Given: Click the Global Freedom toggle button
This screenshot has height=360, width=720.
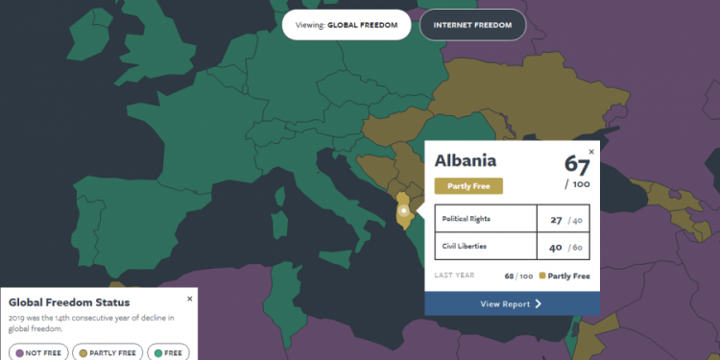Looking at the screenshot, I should pos(346,24).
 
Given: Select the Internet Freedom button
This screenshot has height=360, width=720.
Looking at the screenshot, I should pos(472,24).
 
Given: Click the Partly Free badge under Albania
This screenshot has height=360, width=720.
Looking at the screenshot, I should pos(468,186).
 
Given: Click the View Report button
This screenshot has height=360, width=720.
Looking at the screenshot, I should pos(513,304).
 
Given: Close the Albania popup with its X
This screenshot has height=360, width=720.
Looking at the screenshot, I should pos(591,151).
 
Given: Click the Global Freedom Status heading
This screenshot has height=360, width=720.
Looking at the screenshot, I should pos(70,302).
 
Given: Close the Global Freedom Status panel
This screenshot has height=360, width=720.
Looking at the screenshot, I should pos(189,299).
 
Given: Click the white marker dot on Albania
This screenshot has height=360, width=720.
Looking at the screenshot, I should pos(404,210).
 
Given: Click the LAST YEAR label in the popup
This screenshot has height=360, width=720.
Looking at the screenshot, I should pos(454,276).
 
